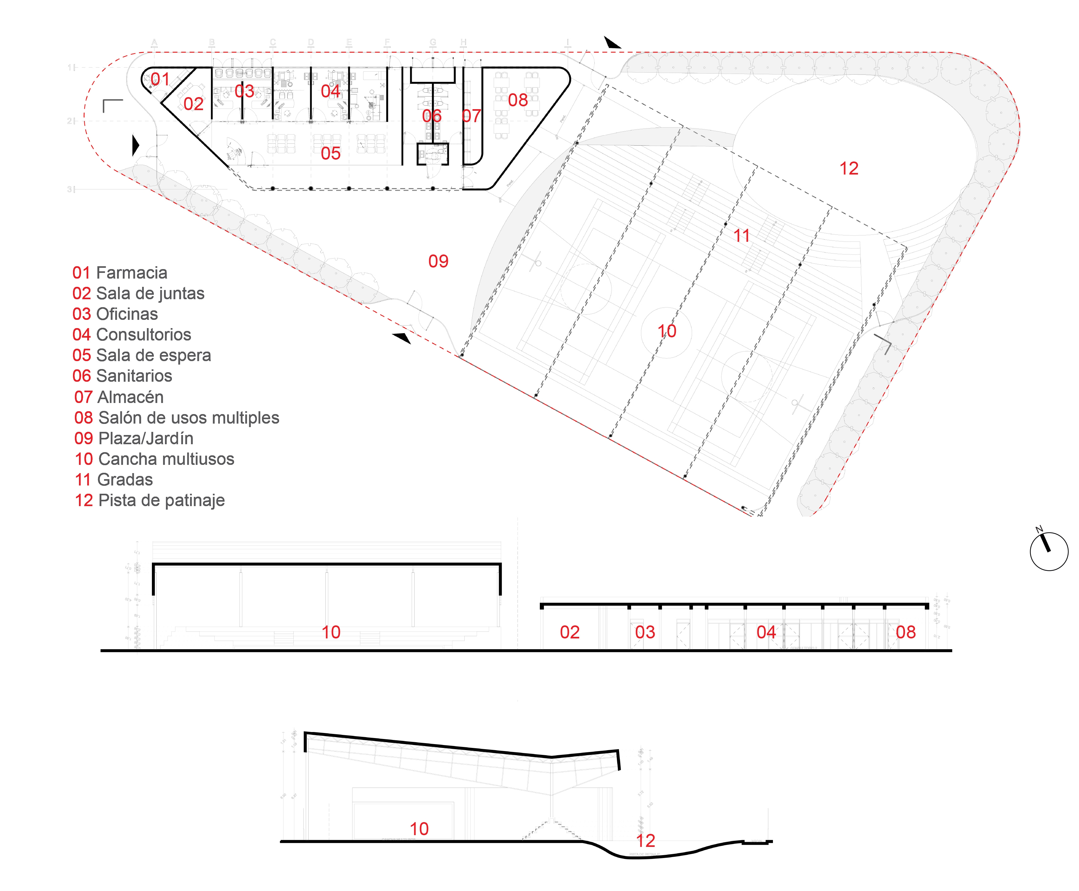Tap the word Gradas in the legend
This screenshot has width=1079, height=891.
click(x=125, y=479)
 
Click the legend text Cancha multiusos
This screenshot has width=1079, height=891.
click(x=166, y=459)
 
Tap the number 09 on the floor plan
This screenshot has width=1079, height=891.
click(x=438, y=261)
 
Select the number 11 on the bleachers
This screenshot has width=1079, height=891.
click(x=742, y=235)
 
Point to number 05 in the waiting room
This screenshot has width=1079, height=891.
click(x=330, y=153)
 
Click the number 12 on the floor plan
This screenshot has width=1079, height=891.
click(x=849, y=168)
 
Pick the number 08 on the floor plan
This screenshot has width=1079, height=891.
click(x=518, y=100)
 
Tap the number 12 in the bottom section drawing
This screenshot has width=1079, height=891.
click(x=645, y=840)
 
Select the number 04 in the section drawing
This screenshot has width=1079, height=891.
click(x=766, y=632)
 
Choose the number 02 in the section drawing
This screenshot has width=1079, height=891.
click(x=570, y=632)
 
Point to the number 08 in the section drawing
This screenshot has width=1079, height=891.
click(x=906, y=632)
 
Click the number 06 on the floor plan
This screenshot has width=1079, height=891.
click(x=431, y=116)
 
